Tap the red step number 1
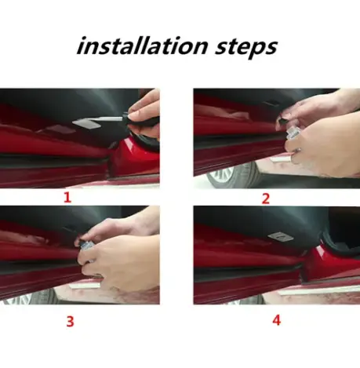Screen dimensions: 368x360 [x=67, y=198]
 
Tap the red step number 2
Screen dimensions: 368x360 [x=265, y=198]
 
